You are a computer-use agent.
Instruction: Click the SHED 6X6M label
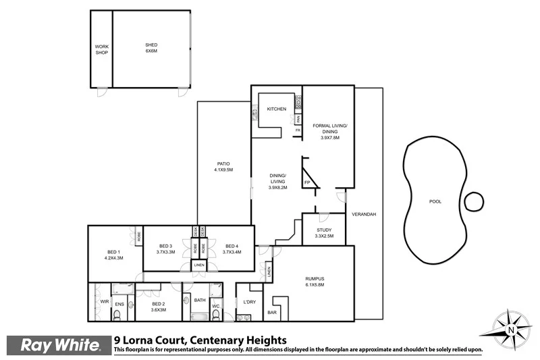(x=151, y=49)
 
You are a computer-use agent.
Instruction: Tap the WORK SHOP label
(x=101, y=49)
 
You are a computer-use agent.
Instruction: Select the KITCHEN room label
(x=277, y=109)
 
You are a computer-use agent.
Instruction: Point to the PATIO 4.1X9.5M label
(x=223, y=167)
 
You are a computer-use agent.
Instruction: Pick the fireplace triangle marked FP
(x=308, y=177)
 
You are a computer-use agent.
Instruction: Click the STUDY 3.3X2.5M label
(x=324, y=233)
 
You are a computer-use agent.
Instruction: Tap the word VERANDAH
(x=363, y=214)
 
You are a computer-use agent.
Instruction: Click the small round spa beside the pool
(x=475, y=201)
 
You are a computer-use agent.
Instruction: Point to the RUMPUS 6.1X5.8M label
(x=315, y=282)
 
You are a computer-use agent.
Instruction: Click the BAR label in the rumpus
(x=273, y=313)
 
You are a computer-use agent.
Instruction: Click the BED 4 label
(x=232, y=249)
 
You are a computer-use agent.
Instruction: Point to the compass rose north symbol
(x=511, y=329)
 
